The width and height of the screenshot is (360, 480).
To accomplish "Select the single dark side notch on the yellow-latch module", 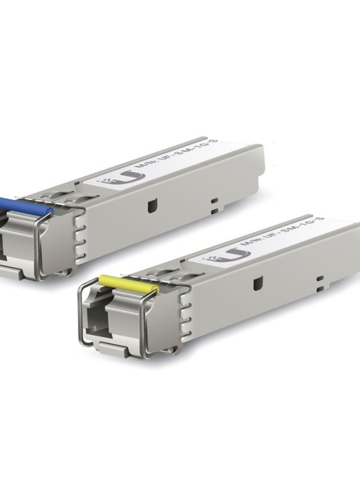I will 258,283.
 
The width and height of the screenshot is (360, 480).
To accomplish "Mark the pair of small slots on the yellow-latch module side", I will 320,282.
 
